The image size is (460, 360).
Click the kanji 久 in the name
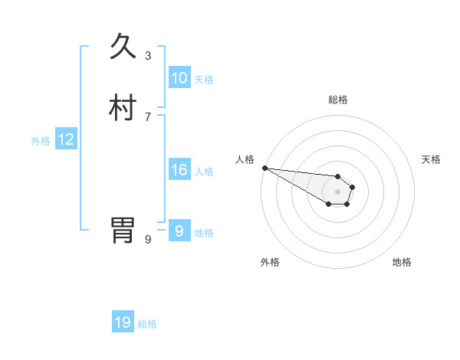pos(123,47)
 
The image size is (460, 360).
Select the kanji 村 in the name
pos(123,108)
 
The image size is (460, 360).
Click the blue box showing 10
pos(179,78)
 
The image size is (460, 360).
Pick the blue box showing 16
pos(179,170)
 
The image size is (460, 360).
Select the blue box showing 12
pos(65,139)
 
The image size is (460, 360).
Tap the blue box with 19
pos(123,322)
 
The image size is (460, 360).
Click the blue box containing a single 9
pos(179,231)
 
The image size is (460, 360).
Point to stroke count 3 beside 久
pos(148,55)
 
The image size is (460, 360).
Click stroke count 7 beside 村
pos(148,116)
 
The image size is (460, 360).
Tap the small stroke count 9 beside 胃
pos(148,239)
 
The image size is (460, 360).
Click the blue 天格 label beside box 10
pos(204,79)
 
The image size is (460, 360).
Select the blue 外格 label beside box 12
pos(41,140)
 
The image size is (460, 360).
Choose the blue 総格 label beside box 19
pos(147,324)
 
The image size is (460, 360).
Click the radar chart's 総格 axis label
pos(338,100)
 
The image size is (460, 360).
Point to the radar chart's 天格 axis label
pos(432,159)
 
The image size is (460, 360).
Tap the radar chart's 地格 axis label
pos(402,262)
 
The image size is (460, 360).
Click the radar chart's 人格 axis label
pos(245,159)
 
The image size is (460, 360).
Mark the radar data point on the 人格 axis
pos(264,168)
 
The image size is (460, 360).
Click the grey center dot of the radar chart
pos(338,191)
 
